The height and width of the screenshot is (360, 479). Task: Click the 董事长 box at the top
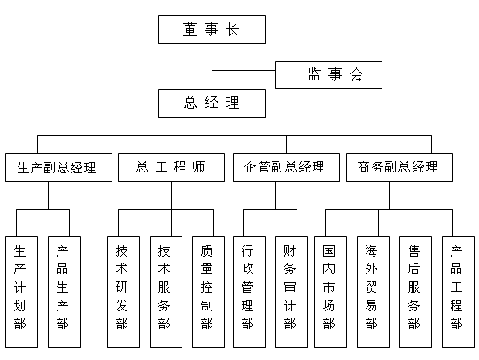[x=212, y=29]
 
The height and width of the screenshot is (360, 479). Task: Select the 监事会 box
[x=328, y=75]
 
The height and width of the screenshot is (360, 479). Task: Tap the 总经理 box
[x=212, y=103]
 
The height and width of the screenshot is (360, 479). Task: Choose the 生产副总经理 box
[x=58, y=167]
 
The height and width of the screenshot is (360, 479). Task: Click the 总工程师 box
[x=171, y=167]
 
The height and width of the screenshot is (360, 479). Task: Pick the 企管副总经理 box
[x=286, y=167]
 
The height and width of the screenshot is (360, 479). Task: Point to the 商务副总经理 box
[x=399, y=167]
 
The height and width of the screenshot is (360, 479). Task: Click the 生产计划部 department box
[x=21, y=292]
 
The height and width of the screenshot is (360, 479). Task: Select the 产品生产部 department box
[x=64, y=292]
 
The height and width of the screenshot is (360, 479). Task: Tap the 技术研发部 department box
[x=123, y=292]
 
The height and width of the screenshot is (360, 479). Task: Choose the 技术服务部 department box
[x=166, y=292]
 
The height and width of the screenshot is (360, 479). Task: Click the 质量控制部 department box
[x=208, y=292]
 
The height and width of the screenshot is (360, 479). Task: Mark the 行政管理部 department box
[x=249, y=292]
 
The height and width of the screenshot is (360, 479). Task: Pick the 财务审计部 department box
[x=291, y=292]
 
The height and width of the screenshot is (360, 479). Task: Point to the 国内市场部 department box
[x=330, y=292]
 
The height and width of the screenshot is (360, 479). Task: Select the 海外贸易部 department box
[x=373, y=292]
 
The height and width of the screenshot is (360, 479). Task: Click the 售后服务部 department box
[x=415, y=292]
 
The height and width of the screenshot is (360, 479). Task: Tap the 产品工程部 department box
[x=458, y=292]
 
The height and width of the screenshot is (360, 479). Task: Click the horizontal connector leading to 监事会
[x=243, y=70]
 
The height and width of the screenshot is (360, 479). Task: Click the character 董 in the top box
[x=190, y=29]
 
